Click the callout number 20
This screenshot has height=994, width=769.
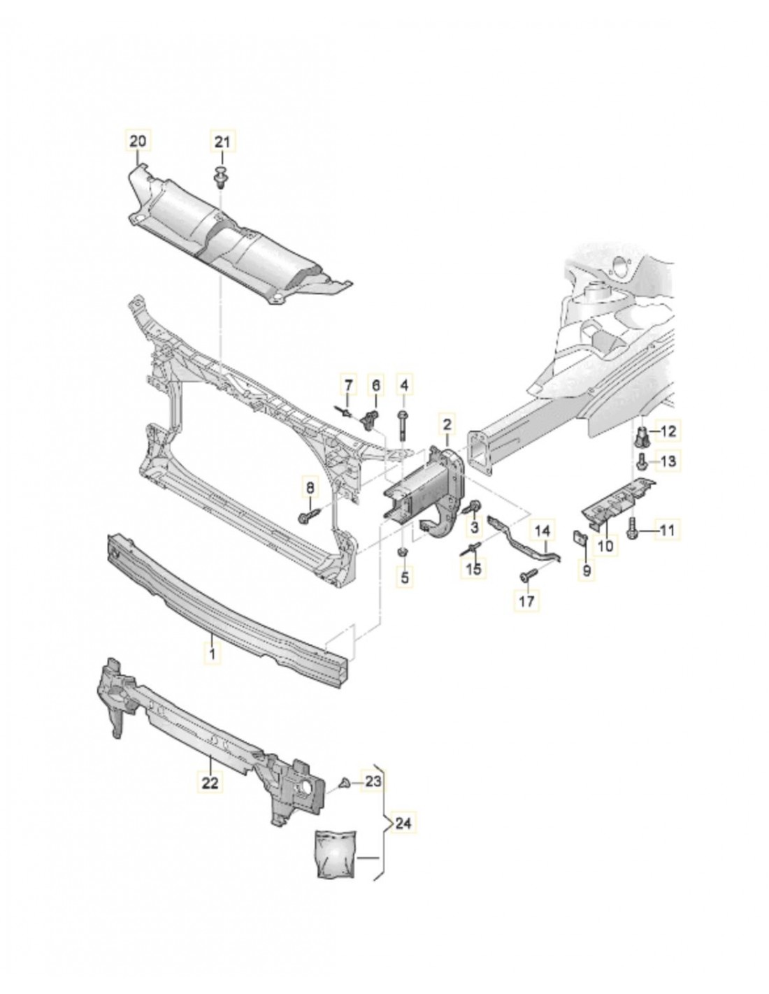(x=138, y=141)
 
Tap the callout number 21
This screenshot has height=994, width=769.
(x=222, y=142)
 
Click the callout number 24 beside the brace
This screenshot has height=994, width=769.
(x=402, y=824)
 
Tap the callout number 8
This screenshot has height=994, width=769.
(x=308, y=487)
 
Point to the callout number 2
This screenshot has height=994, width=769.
(x=447, y=423)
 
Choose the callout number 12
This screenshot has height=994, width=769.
(x=668, y=431)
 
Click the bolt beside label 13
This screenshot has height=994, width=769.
(x=641, y=461)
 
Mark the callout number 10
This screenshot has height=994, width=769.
(x=605, y=545)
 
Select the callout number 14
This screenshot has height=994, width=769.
(x=543, y=531)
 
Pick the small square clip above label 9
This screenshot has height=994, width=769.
(x=580, y=537)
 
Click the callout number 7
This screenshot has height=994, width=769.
(x=347, y=384)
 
